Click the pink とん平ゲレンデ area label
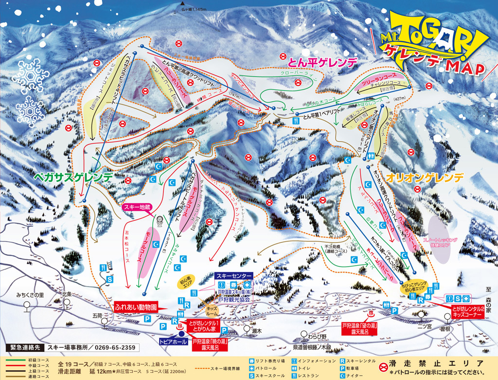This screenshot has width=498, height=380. (322, 62)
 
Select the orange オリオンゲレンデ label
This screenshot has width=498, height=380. (425, 178)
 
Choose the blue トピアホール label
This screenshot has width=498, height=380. (174, 342)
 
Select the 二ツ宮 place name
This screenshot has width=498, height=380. (424, 326)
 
